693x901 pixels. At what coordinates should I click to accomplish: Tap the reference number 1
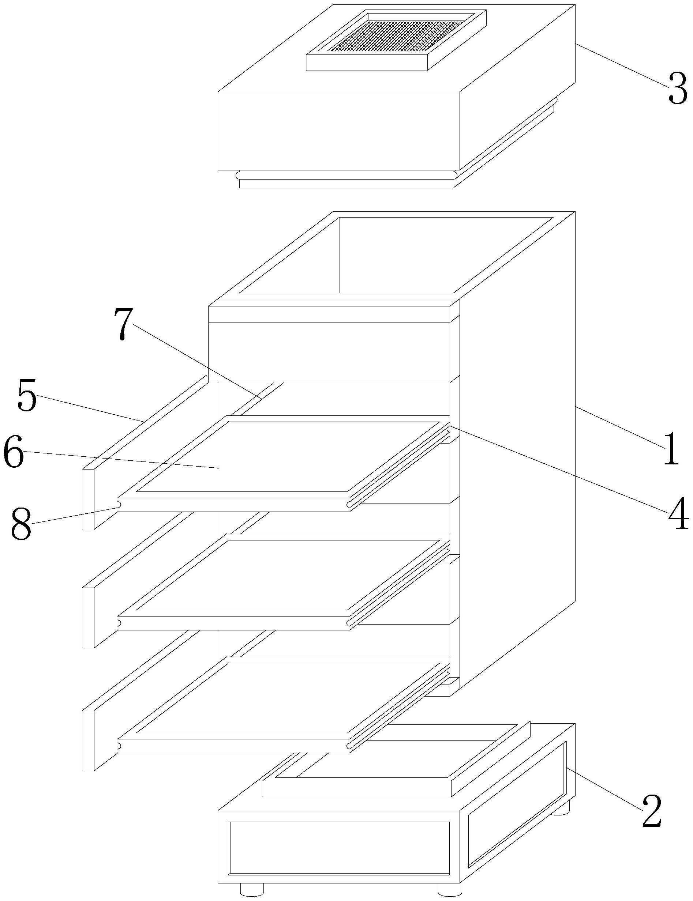click(x=671, y=448)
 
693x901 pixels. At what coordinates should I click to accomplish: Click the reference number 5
click(x=27, y=396)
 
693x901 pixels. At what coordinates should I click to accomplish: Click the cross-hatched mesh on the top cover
click(x=396, y=36)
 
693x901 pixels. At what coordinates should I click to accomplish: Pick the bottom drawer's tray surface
click(x=289, y=697)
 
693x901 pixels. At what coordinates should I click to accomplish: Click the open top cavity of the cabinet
click(x=396, y=256)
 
